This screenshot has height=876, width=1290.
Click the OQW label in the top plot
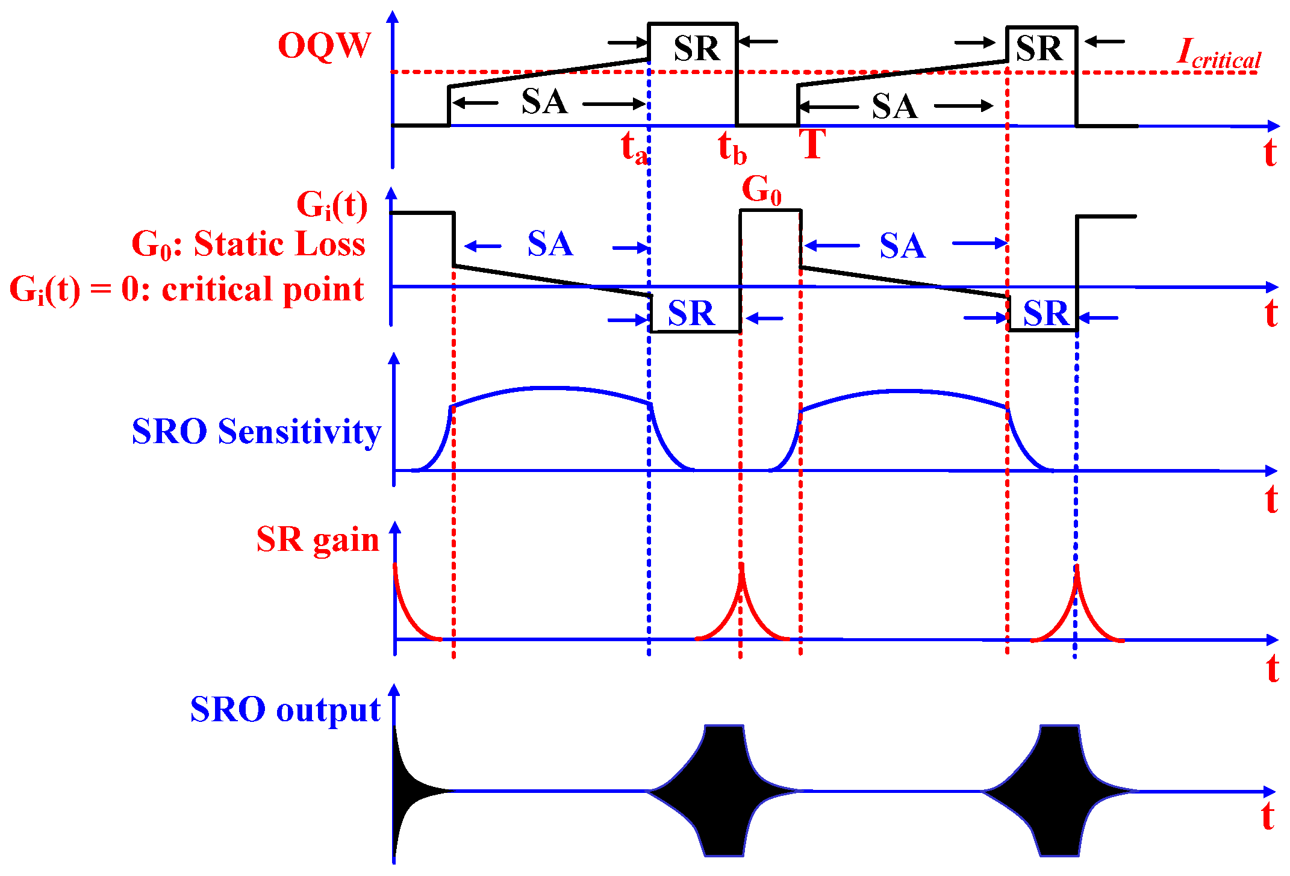click(x=324, y=46)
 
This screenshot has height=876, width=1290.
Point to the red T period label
click(x=812, y=144)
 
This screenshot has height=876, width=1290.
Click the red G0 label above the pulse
click(x=761, y=190)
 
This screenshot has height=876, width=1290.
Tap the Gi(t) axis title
click(x=332, y=205)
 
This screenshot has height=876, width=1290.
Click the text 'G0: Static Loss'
click(x=248, y=244)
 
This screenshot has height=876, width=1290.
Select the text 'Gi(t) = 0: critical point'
click(x=187, y=290)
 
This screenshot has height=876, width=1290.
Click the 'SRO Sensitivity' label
click(x=257, y=432)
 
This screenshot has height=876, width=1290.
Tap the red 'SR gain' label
click(x=317, y=539)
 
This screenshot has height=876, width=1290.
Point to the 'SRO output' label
click(x=285, y=710)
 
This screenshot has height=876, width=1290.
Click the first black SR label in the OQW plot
click(x=696, y=49)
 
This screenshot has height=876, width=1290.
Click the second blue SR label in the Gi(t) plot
click(x=1045, y=314)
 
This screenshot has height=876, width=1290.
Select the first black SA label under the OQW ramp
click(x=544, y=102)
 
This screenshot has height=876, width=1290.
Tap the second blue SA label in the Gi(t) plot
click(x=902, y=246)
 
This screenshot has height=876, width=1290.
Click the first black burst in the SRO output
click(x=723, y=790)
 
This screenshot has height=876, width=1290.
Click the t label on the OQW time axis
click(x=1270, y=153)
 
